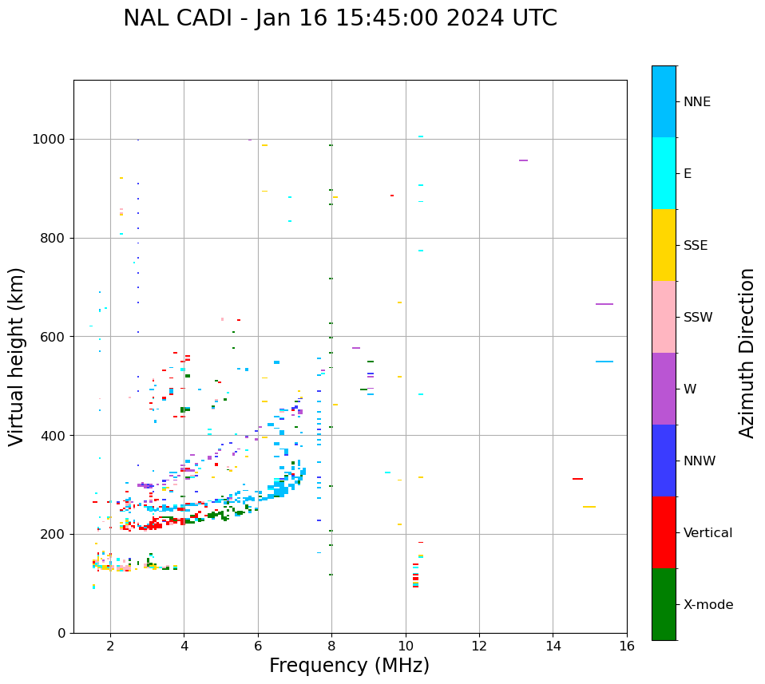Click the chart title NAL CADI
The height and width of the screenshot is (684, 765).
pyautogui.click(x=339, y=18)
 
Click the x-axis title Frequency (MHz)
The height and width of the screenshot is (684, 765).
pyautogui.click(x=349, y=666)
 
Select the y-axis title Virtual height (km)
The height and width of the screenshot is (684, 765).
pyautogui.click(x=17, y=356)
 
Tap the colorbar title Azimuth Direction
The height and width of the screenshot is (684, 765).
pyautogui.click(x=747, y=352)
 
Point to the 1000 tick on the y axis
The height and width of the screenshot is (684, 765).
pyautogui.click(x=52, y=139)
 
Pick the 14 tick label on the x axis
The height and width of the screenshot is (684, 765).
pyautogui.click(x=553, y=645)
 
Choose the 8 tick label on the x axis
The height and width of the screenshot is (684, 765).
pyautogui.click(x=332, y=645)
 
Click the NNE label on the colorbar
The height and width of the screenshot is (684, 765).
pyautogui.click(x=696, y=102)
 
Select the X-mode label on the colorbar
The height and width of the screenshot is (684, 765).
pyautogui.click(x=708, y=605)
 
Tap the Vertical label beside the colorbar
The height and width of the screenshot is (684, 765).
pyautogui.click(x=708, y=533)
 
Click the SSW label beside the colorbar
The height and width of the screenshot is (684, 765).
pyautogui.click(x=698, y=318)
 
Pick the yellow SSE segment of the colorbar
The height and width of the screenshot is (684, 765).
pyautogui.click(x=664, y=245)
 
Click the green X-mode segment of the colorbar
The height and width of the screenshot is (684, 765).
pyautogui.click(x=664, y=604)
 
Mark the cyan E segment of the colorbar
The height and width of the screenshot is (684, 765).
pyautogui.click(x=664, y=173)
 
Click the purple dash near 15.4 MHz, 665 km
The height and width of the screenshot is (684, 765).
pyautogui.click(x=604, y=304)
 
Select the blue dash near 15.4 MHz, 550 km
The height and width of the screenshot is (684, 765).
pyautogui.click(x=604, y=362)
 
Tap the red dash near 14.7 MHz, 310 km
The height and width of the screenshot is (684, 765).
pyautogui.click(x=577, y=479)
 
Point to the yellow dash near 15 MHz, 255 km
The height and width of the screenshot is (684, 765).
pyautogui.click(x=589, y=507)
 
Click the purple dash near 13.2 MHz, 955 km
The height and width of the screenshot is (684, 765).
pyautogui.click(x=523, y=160)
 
